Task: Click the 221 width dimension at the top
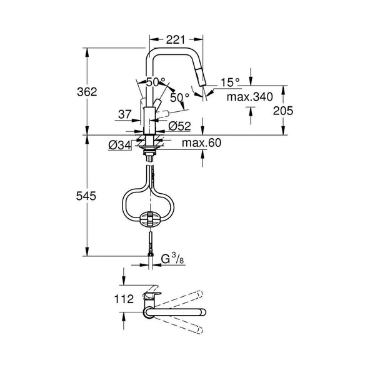click(x=178, y=39)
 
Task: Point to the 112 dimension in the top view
click(x=124, y=299)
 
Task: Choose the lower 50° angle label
click(x=179, y=97)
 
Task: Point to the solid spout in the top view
click(x=178, y=311)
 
